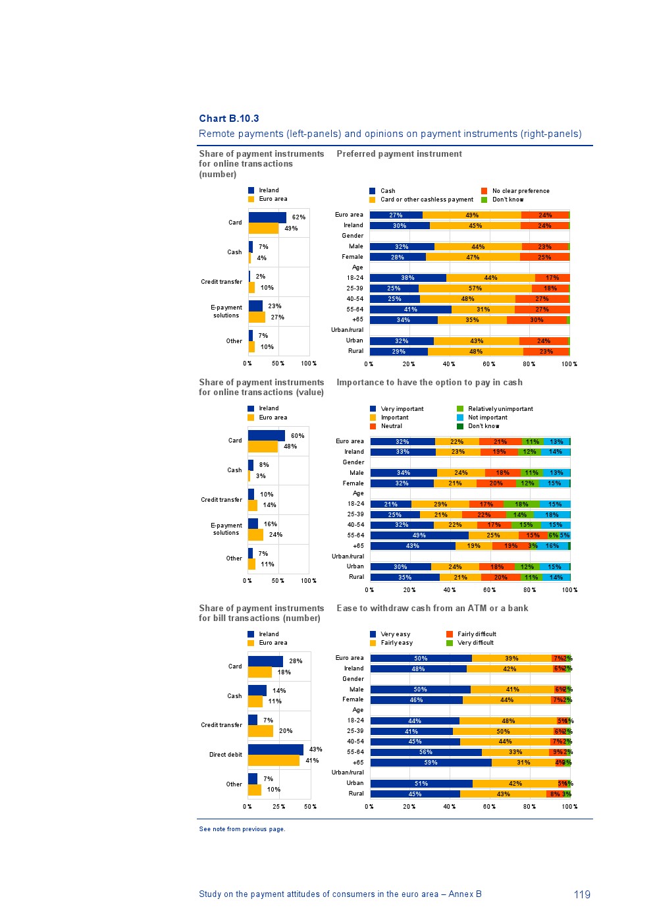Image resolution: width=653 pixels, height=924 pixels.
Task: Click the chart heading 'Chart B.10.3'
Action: pyautogui.click(x=229, y=119)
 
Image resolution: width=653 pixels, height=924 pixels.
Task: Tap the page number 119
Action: pyautogui.click(x=582, y=894)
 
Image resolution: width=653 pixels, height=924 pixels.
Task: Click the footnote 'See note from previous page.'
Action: pyautogui.click(x=242, y=829)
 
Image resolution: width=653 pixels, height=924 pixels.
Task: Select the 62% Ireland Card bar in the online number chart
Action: pyautogui.click(x=267, y=217)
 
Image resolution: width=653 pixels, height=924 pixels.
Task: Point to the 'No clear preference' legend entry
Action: pyautogui.click(x=520, y=191)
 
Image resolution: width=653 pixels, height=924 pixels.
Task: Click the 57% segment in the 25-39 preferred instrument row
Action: pyautogui.click(x=475, y=288)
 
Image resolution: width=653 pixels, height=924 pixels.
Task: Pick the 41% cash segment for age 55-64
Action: pyautogui.click(x=410, y=310)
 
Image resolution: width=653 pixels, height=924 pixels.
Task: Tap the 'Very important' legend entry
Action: pyautogui.click(x=402, y=409)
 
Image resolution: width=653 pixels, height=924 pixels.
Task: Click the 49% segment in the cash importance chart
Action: pyautogui.click(x=419, y=535)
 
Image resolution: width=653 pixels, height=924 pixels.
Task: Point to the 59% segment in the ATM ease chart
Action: pyautogui.click(x=431, y=763)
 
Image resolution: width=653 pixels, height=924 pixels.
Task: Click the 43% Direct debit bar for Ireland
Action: pyautogui.click(x=275, y=749)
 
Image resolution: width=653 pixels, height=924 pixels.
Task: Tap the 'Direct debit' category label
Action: pyautogui.click(x=226, y=755)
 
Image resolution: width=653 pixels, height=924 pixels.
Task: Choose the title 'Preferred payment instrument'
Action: pyautogui.click(x=399, y=154)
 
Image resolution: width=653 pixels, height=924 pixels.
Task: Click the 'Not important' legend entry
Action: pyautogui.click(x=487, y=418)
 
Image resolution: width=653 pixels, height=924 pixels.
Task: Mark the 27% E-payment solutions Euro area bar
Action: pyautogui.click(x=257, y=317)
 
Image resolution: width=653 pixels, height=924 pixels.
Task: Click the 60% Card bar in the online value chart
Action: pyautogui.click(x=266, y=435)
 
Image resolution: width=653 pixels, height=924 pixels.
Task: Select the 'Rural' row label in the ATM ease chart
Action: pyautogui.click(x=356, y=794)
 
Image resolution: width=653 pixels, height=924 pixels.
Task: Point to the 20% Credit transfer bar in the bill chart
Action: pyautogui.click(x=261, y=731)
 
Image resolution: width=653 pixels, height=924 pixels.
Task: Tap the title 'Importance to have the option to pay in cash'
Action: pyautogui.click(x=429, y=383)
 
